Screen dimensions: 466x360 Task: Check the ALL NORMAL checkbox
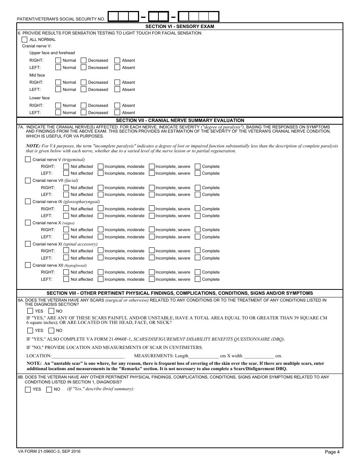point(25,39)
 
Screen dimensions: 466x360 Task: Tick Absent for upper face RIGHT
point(117,60)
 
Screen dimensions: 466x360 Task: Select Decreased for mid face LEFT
point(83,90)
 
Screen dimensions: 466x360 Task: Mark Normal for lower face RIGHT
point(58,105)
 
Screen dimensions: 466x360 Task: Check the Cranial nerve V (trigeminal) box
point(28,160)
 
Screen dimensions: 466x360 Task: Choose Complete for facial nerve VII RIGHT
point(197,188)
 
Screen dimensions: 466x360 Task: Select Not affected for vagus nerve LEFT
point(66,237)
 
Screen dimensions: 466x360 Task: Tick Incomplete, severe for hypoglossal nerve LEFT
point(152,279)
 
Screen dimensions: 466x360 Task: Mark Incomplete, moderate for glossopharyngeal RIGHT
point(100,209)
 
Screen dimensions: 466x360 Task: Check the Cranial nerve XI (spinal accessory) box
point(28,244)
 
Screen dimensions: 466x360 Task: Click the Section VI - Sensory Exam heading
point(180,27)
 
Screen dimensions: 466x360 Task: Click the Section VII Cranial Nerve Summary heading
point(180,120)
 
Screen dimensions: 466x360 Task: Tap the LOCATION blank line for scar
point(88,356)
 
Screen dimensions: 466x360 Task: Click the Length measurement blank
point(203,356)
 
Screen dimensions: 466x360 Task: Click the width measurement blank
point(258,356)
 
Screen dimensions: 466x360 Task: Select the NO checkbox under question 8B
point(49,389)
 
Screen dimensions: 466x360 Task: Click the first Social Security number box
point(113,17)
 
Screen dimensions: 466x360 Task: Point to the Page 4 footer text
point(332,452)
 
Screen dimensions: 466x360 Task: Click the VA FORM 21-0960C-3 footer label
point(49,452)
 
